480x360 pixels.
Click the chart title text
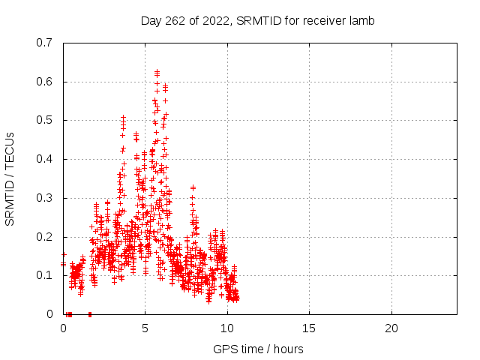pos(257,21)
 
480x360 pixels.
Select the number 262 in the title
pos(175,21)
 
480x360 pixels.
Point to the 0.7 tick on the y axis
pos(44,43)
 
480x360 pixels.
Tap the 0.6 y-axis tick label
pos(44,82)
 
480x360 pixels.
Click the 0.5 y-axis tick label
pos(44,120)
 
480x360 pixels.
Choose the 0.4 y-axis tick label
pos(44,159)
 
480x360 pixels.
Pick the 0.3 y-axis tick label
pos(44,198)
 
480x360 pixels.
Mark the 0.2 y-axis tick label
pos(44,237)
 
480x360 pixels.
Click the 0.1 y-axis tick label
pos(44,275)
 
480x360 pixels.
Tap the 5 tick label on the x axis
pos(145,328)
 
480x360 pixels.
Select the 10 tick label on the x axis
pos(227,328)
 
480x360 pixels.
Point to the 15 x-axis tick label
pos(309,328)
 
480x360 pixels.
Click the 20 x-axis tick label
pos(391,328)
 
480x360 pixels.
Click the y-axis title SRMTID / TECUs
pos(10,179)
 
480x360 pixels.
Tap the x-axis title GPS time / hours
pos(258,349)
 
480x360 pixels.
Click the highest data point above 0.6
pos(157,72)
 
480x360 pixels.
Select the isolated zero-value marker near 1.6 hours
pos(90,314)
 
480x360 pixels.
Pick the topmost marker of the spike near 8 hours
pos(193,187)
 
